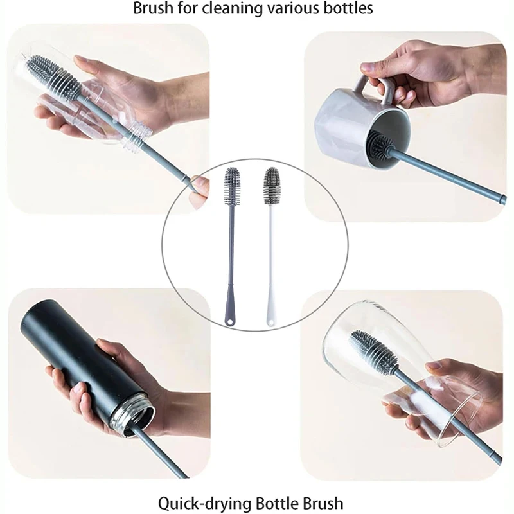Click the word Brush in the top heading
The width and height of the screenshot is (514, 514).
[x=152, y=8]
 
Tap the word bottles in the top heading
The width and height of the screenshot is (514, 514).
[x=350, y=8]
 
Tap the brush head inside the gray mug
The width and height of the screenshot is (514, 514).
[x=382, y=144]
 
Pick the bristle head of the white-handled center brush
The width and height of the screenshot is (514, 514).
[x=271, y=186]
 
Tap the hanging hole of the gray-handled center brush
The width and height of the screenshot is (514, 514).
[x=230, y=322]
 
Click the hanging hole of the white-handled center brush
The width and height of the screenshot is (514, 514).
[x=270, y=322]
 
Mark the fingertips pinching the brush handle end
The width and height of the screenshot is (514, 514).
[x=200, y=188]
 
